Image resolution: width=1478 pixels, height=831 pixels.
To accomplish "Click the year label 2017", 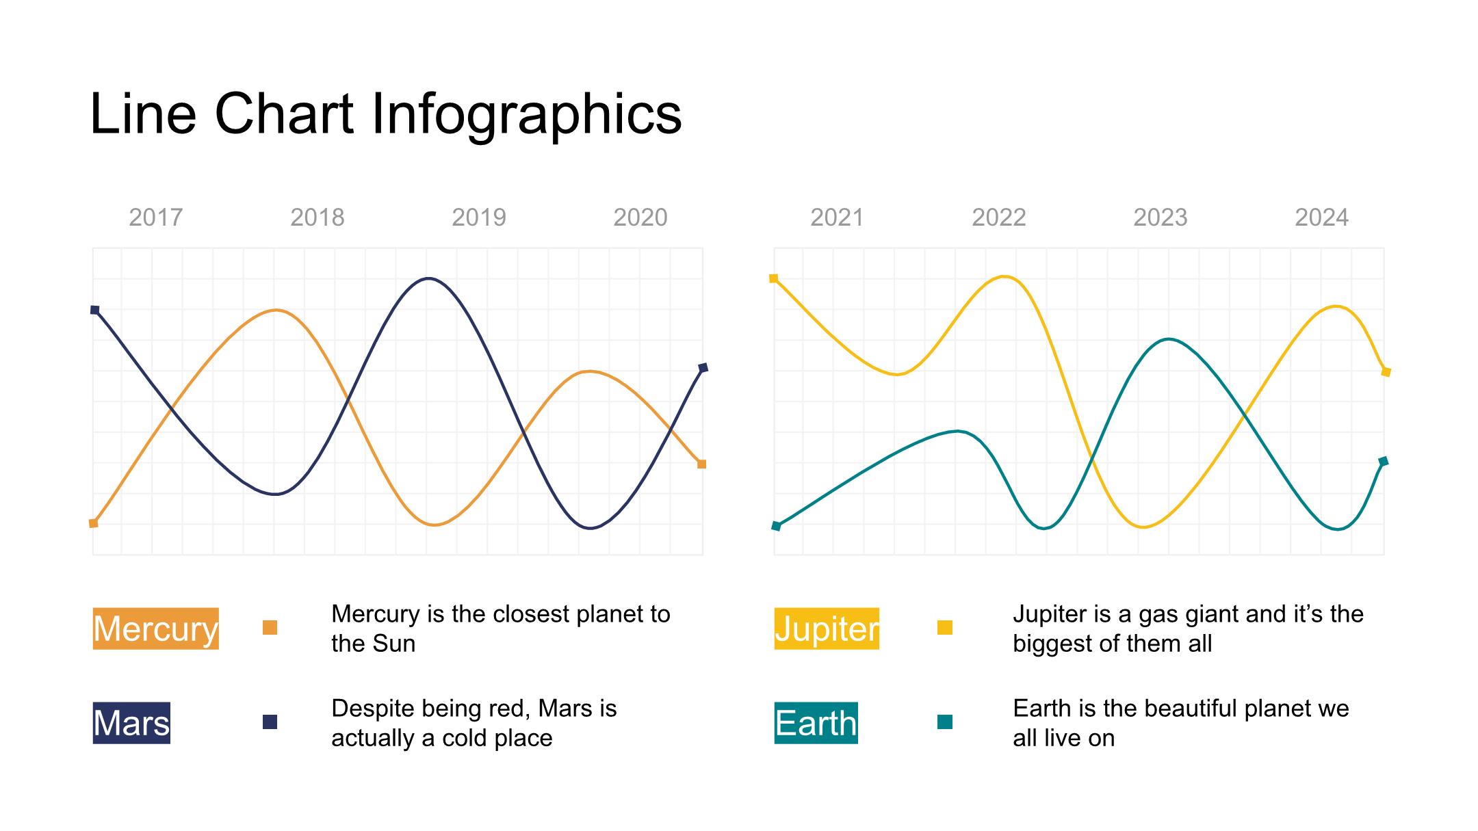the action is [156, 217].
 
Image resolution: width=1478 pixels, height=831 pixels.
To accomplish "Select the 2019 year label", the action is [479, 217].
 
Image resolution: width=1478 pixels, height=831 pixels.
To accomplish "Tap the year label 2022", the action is [999, 217].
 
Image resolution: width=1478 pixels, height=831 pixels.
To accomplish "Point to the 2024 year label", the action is [1322, 217].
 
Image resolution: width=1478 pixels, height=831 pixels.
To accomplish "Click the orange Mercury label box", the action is [156, 629].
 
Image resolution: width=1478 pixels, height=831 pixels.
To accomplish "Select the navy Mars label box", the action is [131, 723].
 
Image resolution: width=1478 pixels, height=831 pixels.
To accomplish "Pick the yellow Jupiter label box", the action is [827, 629].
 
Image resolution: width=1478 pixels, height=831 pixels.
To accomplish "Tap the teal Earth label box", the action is [816, 723].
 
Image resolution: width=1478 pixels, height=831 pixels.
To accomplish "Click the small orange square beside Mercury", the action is [270, 627].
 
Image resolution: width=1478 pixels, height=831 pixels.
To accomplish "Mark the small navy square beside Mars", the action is [270, 722].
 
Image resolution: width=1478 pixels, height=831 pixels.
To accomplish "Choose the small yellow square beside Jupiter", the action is [945, 627].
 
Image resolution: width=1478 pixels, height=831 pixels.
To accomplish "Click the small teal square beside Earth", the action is [945, 722].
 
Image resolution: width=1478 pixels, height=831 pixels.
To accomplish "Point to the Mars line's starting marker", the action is [95, 310].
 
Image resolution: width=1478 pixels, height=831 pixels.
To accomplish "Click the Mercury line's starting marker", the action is [94, 523].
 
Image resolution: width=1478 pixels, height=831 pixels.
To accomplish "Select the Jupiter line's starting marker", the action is [774, 278].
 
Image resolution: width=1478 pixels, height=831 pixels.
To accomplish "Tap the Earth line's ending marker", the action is [1384, 462].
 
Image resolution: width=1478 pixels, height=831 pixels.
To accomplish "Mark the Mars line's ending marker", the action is [703, 368].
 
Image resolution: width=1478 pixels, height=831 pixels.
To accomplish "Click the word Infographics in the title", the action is [527, 115].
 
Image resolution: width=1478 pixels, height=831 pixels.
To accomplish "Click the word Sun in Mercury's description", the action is [396, 644].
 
